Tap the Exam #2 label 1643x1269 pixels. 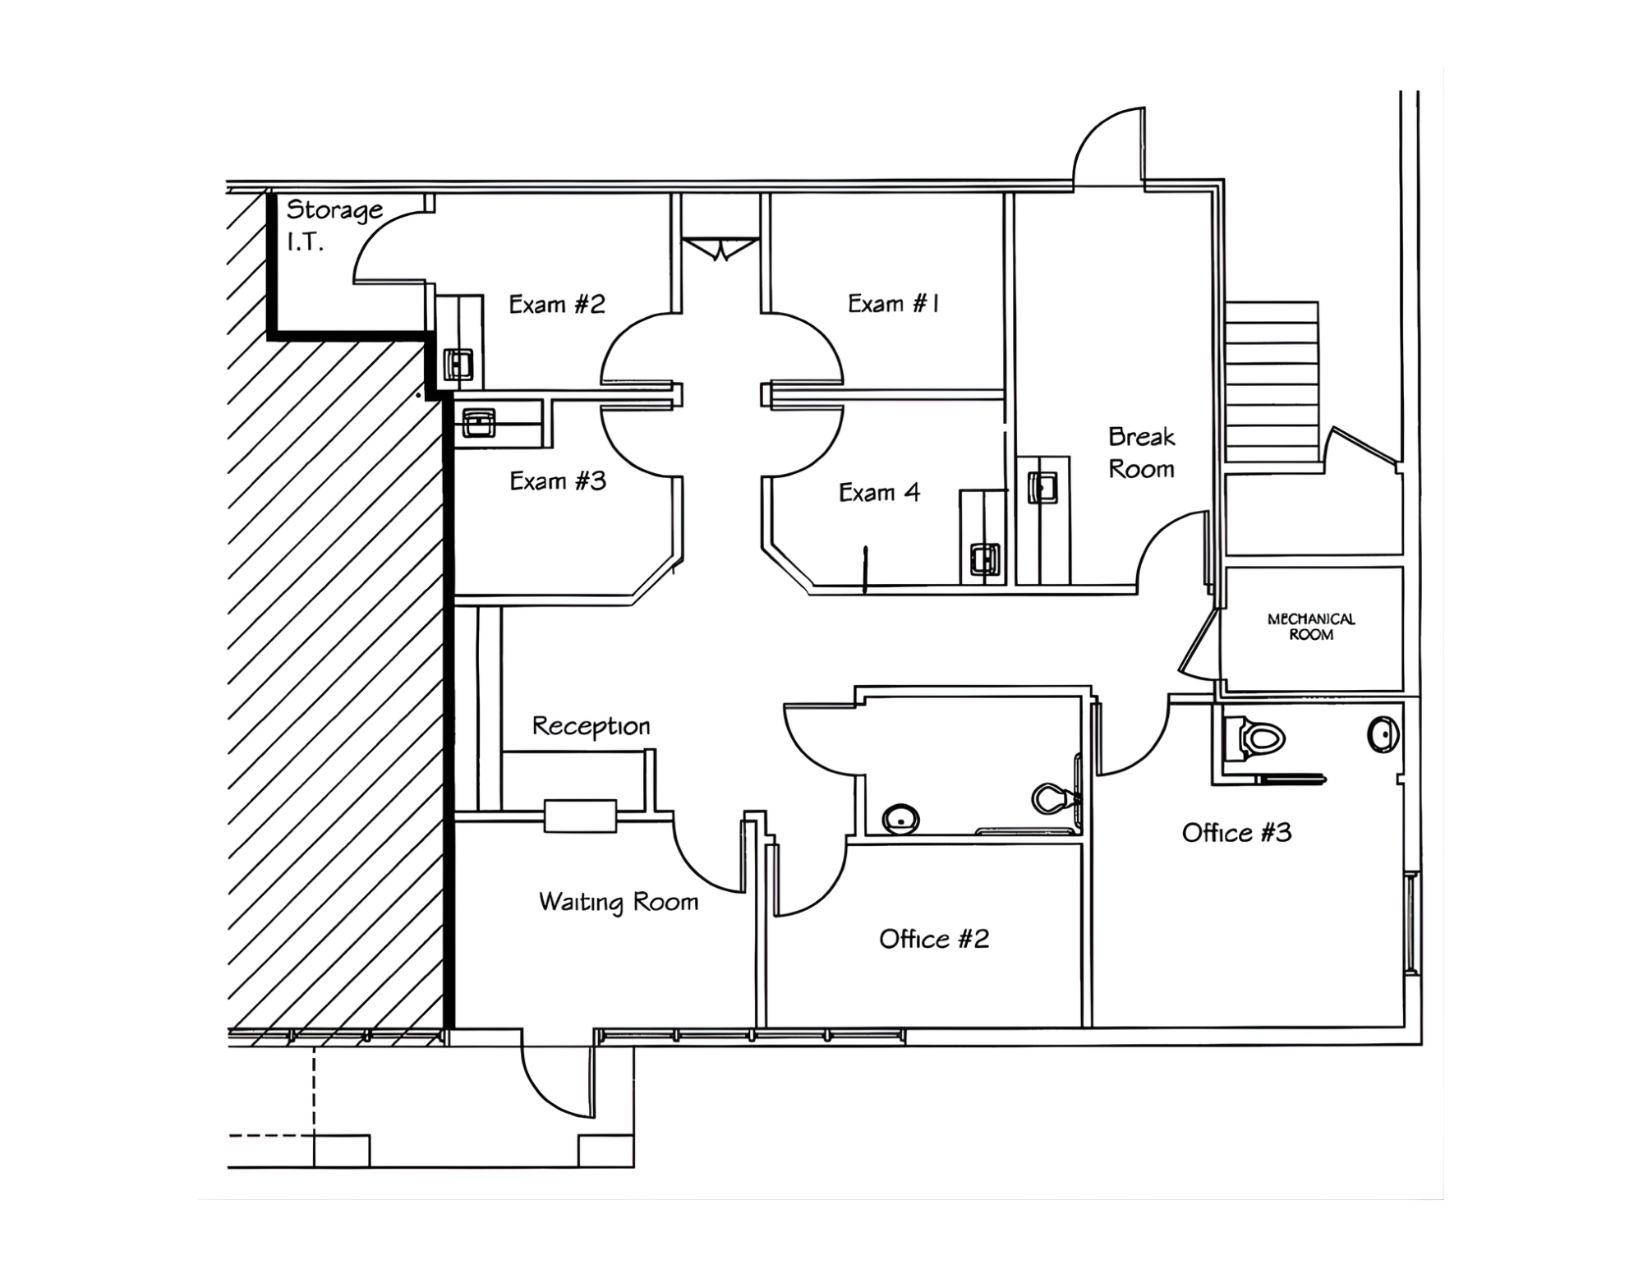(x=556, y=305)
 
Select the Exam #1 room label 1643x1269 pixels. (x=893, y=304)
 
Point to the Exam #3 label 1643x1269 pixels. (x=557, y=481)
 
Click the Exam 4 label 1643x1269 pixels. (x=879, y=493)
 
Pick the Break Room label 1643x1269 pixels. (x=1141, y=453)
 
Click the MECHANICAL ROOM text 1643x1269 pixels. (x=1310, y=627)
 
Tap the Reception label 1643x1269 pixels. (x=591, y=726)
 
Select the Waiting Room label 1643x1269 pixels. (x=618, y=902)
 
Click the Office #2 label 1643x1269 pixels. (x=933, y=939)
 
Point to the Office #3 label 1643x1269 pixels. (x=1236, y=833)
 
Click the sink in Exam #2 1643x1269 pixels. (x=458, y=364)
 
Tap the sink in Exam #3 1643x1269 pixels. (x=478, y=424)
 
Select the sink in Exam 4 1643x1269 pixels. (x=984, y=559)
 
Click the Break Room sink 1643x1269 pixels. (x=1042, y=487)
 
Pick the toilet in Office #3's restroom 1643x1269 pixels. (x=1254, y=738)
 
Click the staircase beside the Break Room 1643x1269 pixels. (x=1272, y=382)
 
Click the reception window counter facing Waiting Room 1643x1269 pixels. (x=580, y=816)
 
